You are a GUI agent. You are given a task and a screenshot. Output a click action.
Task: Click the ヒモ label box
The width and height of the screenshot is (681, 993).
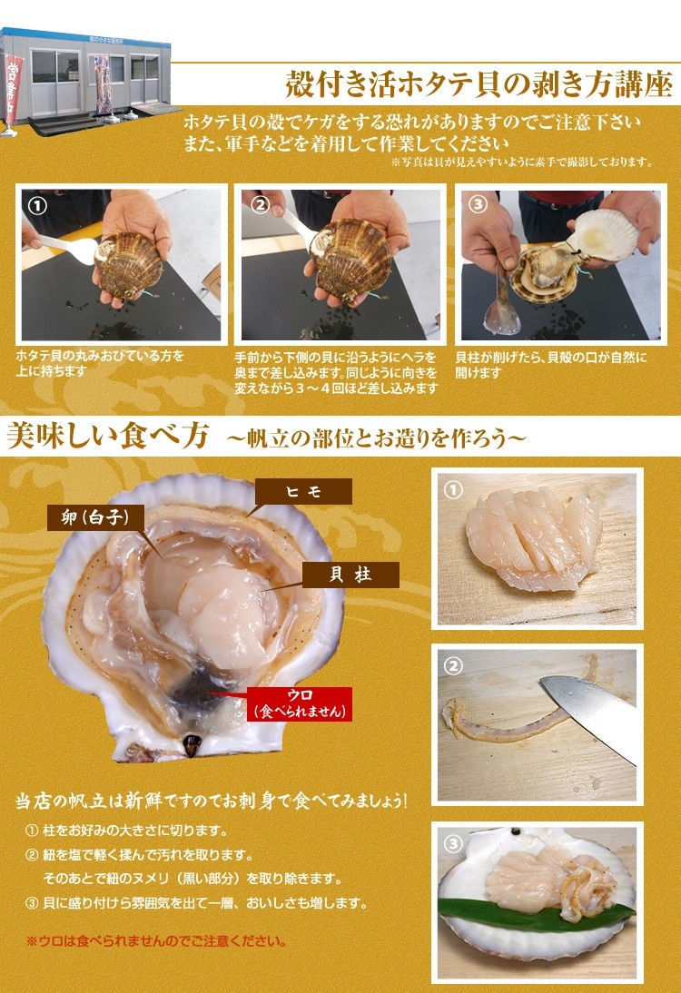[x=302, y=491]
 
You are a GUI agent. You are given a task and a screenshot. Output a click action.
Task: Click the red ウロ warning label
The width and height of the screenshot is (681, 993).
[x=299, y=703]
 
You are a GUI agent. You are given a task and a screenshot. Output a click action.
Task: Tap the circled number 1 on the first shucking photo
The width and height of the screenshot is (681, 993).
[x=37, y=205]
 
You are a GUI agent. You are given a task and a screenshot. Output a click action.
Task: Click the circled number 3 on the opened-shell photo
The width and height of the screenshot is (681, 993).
[x=478, y=204]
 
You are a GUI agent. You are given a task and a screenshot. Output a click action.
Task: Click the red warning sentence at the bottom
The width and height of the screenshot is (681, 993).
[x=156, y=941]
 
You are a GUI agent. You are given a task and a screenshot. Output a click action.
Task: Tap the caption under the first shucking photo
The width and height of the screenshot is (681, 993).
[x=101, y=364]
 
